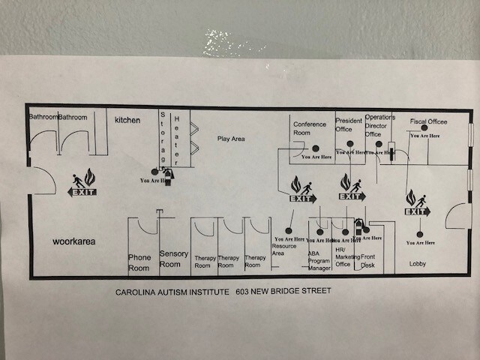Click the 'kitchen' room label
pyautogui.click(x=127, y=119)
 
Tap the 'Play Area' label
pyautogui.click(x=232, y=139)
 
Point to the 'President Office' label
pyautogui.click(x=349, y=124)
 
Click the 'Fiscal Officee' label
pyautogui.click(x=428, y=121)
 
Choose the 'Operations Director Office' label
pyautogui.click(x=379, y=126)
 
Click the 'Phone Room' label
pyautogui.click(x=139, y=262)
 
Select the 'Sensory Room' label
pyautogui.click(x=174, y=259)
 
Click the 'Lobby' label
pyautogui.click(x=418, y=263)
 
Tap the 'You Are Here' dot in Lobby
pyautogui.click(x=421, y=234)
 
